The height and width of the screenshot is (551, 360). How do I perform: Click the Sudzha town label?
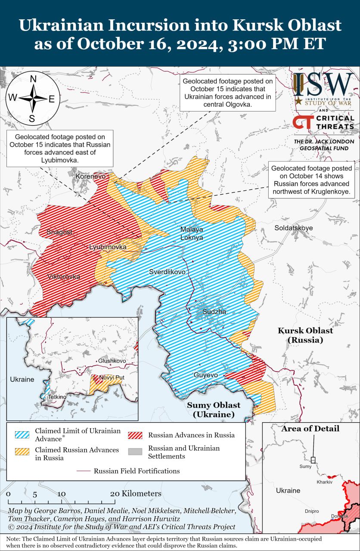pyautogui.click(x=214, y=312)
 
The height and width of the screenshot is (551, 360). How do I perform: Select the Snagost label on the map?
pyautogui.click(x=59, y=232)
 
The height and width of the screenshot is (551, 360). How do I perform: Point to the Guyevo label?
pyautogui.click(x=205, y=375)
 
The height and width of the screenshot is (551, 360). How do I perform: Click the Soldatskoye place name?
pyautogui.click(x=294, y=228)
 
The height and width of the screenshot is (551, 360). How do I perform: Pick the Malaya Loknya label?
pyautogui.click(x=192, y=233)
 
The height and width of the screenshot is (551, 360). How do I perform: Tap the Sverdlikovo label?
pyautogui.click(x=167, y=272)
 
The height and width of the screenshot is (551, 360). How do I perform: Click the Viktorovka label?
pyautogui.click(x=63, y=277)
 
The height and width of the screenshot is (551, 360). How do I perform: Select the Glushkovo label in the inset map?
pyautogui.click(x=112, y=361)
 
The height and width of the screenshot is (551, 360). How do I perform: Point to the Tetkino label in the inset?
pyautogui.click(x=57, y=396)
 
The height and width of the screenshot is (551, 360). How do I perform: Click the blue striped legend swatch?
pyautogui.click(x=22, y=435)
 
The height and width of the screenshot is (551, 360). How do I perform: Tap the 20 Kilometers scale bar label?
pyautogui.click(x=136, y=494)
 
